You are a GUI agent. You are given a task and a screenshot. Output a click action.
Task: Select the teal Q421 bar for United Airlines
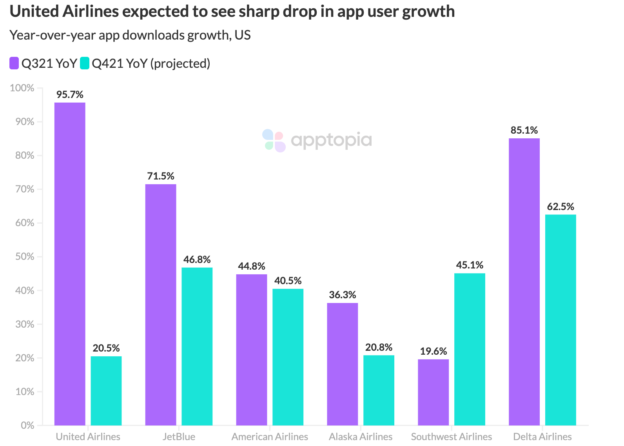pos(106,390)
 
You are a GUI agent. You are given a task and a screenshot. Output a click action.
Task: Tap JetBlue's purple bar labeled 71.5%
pos(161,305)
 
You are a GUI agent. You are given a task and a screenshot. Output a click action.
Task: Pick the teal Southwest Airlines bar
pos(470,349)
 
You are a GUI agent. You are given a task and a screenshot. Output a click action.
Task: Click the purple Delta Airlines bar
pos(524,281)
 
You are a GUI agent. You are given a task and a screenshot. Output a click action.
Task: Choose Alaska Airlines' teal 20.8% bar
pos(379,390)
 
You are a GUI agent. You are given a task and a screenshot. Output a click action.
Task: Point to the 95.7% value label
pos(70,94)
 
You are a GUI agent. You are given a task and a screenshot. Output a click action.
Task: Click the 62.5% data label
pos(561,207)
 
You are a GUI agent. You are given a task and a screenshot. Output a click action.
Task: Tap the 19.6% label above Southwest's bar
pos(433,351)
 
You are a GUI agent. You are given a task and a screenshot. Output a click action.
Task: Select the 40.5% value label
pos(288,281)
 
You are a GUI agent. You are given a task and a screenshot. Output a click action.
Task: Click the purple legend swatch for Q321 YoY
pos(14,63)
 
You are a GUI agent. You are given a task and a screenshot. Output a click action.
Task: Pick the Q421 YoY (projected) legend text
pos(151,63)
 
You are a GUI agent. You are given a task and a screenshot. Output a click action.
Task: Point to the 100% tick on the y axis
pos(22,88)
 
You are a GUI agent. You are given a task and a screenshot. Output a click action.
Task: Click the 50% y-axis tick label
pos(25,257)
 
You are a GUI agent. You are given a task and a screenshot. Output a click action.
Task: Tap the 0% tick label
pos(27,425)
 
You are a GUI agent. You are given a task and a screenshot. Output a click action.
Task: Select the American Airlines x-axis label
pos(270,437)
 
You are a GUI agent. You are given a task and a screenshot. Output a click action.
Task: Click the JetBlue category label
pos(179,437)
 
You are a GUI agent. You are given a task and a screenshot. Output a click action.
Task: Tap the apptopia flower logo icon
pos(274,140)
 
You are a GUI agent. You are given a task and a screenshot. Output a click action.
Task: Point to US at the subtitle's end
pos(243,35)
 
